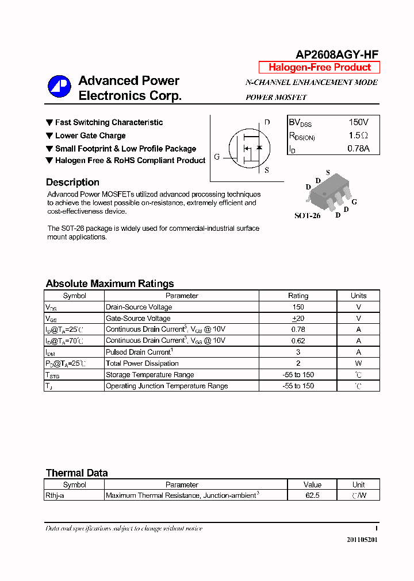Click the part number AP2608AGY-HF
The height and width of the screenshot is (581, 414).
click(337, 55)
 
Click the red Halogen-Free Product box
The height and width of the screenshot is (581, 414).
click(319, 67)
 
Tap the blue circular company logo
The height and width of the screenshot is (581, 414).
click(59, 87)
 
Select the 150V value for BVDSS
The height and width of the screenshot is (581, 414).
click(358, 122)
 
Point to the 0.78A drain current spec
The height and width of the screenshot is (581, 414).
click(358, 149)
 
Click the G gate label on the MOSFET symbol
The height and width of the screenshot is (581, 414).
click(217, 157)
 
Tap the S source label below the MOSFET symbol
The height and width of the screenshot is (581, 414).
click(266, 170)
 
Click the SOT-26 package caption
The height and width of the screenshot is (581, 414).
click(307, 216)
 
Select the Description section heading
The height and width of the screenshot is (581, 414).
click(72, 183)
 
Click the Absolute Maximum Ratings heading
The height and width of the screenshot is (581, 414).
click(109, 284)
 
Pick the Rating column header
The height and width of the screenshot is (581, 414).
click(298, 296)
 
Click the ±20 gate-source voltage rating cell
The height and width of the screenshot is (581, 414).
click(298, 318)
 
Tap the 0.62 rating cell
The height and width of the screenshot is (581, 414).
click(298, 340)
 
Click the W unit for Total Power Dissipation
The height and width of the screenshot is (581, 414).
click(358, 363)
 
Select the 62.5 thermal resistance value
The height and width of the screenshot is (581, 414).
click(312, 495)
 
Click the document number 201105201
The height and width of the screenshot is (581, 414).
click(362, 540)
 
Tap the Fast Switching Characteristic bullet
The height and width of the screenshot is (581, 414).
click(109, 122)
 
